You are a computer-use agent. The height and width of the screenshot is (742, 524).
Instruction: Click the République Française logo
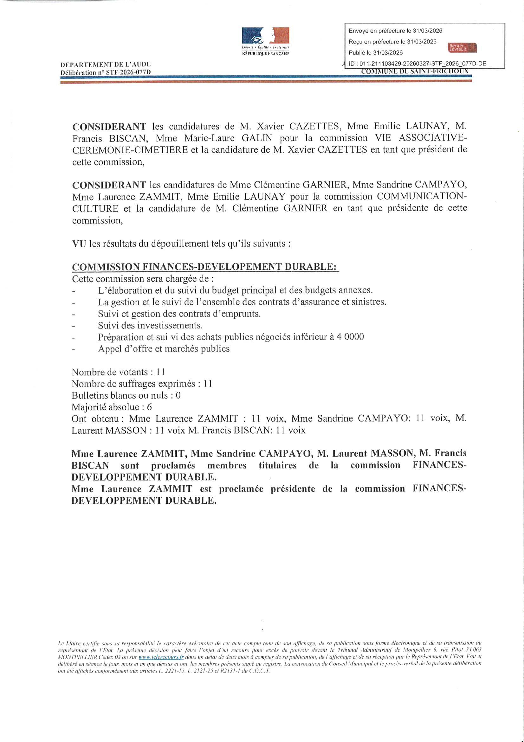[265, 41]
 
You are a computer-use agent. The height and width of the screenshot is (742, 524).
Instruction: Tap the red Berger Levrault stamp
[462, 48]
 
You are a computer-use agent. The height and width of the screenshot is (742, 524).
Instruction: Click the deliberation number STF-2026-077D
[128, 72]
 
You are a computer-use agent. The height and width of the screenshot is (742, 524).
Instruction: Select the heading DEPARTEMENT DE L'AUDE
[106, 65]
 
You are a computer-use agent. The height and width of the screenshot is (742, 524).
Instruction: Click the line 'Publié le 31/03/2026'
[375, 53]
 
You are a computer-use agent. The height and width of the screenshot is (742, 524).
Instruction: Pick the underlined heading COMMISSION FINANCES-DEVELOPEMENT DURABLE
[205, 267]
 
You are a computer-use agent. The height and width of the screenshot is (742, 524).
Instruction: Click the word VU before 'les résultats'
[79, 243]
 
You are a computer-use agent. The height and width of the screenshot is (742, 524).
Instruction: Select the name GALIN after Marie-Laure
[257, 138]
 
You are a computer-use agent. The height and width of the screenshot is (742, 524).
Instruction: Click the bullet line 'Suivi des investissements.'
[150, 325]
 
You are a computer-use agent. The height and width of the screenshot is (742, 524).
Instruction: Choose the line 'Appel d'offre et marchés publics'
[164, 349]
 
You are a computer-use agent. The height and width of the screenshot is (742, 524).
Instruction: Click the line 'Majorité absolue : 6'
[112, 407]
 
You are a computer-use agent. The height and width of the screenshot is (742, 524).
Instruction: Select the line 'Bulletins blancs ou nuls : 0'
[126, 395]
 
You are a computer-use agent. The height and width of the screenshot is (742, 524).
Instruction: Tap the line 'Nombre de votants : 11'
[118, 372]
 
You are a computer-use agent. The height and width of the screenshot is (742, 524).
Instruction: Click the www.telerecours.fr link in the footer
[161, 657]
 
